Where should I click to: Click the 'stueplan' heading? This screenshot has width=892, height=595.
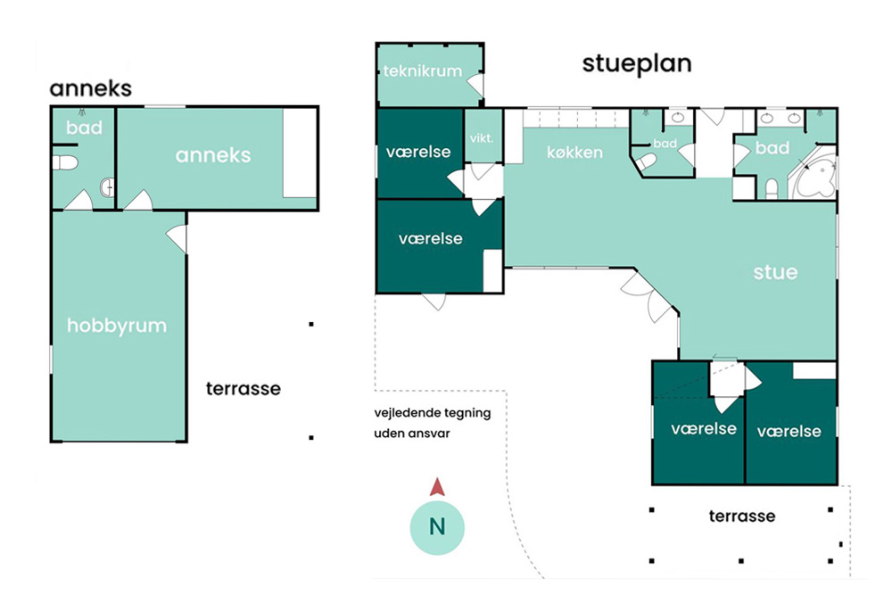tap(637, 63)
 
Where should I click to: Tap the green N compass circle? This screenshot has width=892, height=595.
tap(437, 527)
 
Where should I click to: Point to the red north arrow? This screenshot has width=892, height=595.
tap(437, 486)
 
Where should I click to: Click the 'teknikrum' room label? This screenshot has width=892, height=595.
tap(422, 71)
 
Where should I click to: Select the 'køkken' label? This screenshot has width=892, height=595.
tap(574, 152)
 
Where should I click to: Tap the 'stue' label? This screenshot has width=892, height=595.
tap(775, 272)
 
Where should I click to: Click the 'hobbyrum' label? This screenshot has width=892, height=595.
tap(117, 326)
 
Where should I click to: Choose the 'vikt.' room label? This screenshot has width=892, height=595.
tap(482, 137)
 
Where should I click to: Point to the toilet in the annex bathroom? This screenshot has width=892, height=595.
tap(65, 162)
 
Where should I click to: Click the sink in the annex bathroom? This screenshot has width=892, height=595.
tap(108, 186)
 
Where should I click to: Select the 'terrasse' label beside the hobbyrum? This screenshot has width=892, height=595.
tap(243, 389)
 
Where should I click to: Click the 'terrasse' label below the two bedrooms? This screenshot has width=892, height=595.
tap(742, 516)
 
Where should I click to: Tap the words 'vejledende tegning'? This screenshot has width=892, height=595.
tap(433, 413)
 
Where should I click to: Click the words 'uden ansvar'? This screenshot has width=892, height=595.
tap(412, 433)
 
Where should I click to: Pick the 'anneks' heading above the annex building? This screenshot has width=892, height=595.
tap(91, 88)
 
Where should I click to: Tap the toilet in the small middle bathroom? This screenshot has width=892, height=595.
tap(646, 163)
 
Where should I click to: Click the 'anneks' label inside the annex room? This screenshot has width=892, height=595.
tap(213, 154)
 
